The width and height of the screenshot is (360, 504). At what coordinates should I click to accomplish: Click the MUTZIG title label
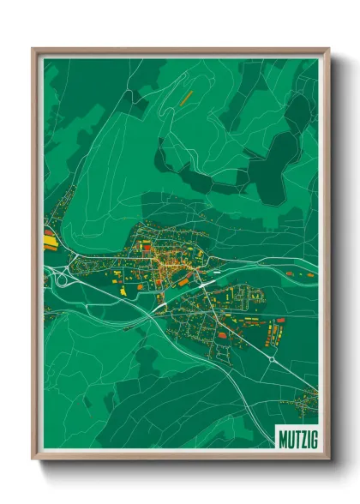pos(297,438)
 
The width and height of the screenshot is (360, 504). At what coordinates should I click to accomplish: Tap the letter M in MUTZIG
pos(283,438)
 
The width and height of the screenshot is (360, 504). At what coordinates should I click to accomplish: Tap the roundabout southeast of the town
pos(273,359)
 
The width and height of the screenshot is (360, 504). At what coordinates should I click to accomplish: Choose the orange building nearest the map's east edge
pos(309,274)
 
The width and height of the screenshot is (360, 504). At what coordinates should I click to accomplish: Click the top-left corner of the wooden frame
pos(34,50)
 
